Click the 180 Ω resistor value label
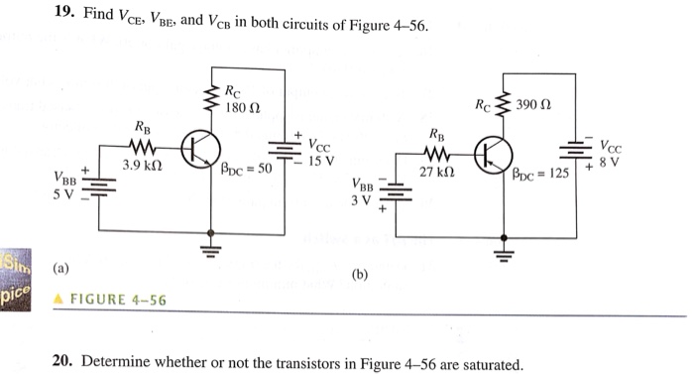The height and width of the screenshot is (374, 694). (243, 107)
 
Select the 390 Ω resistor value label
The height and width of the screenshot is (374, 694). (534, 104)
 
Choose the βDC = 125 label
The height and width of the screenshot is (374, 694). (540, 174)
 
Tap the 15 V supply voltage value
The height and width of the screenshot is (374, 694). (321, 160)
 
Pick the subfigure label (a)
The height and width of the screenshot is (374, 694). (61, 268)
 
